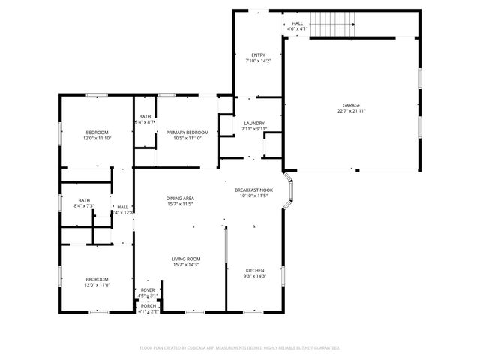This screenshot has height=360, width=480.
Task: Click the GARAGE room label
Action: (351, 106)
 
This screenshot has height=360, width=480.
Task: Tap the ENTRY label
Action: (258, 55)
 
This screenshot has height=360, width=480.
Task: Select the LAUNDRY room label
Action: (255, 124)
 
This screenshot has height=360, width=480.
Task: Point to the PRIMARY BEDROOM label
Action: (187, 133)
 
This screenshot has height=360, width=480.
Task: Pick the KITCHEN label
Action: (256, 271)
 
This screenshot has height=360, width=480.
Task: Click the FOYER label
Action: (148, 289)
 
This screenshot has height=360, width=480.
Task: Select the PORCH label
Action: (148, 305)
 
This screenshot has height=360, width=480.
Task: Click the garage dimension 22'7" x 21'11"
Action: (351, 111)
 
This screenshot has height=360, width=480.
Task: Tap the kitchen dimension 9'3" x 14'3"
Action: (256, 276)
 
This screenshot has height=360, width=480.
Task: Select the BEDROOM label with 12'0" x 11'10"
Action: (97, 133)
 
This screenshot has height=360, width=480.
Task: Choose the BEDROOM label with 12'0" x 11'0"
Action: (97, 279)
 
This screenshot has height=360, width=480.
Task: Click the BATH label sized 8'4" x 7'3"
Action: (84, 200)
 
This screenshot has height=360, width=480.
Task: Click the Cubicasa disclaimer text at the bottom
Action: (240, 348)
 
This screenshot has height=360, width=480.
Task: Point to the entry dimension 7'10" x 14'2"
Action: (258, 61)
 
